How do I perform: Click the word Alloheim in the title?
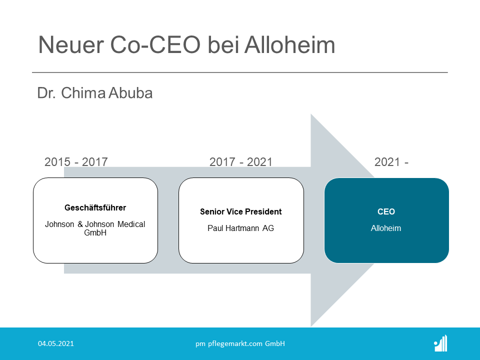289,44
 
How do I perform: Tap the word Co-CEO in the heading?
155,44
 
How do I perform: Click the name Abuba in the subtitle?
130,93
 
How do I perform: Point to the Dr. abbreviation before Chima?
46,93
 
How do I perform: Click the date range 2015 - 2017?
76,162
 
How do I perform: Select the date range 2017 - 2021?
241,162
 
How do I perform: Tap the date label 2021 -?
391,162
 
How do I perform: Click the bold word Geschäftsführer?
95,208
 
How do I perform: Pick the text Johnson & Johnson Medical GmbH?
95,228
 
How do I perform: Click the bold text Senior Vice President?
241,211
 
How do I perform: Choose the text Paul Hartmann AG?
241,228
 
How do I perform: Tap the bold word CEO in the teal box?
386,211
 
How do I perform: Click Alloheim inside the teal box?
386,228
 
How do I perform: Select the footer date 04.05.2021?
56,343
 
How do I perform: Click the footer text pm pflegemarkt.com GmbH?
240,344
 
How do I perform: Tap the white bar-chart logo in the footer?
440,343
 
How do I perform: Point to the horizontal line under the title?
240,72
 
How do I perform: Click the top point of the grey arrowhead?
311,114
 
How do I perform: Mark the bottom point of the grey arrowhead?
311,326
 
